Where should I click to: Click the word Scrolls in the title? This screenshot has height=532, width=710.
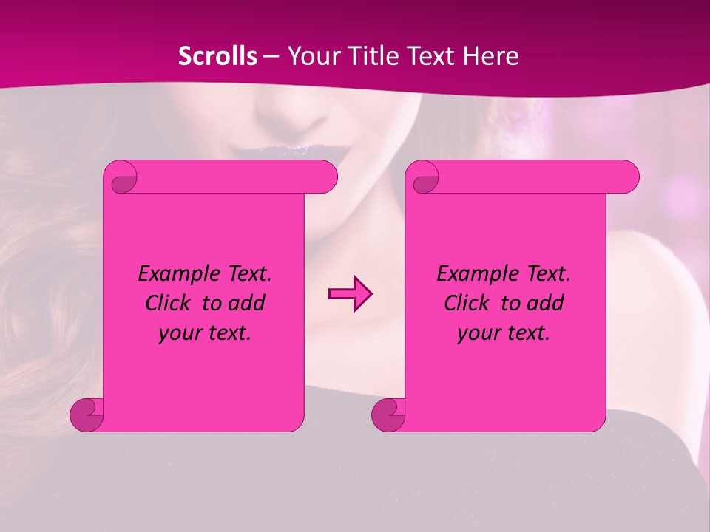coord(218,56)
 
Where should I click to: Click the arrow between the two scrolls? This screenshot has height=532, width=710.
coord(350,294)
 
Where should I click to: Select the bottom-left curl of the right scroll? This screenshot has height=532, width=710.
coord(389,414)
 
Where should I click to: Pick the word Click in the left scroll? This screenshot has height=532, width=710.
coord(172,303)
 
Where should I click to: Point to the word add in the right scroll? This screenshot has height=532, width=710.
coord(544,303)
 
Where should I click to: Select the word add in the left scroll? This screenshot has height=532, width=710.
coord(246,303)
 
